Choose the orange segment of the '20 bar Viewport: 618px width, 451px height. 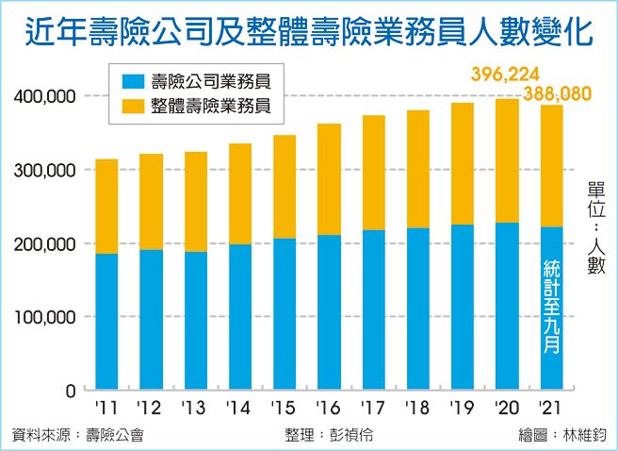coord(507,160)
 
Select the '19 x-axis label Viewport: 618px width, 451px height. coord(463,409)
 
